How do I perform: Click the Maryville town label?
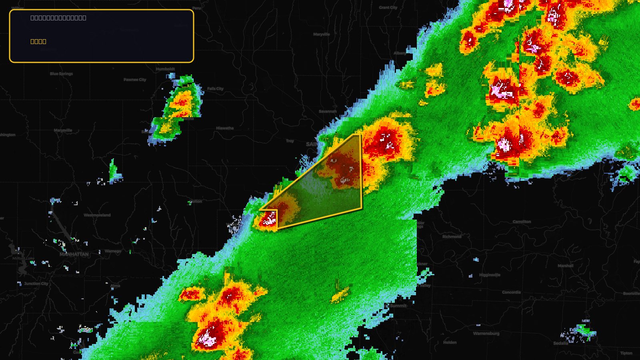tap(322, 34)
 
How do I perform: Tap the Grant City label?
tap(388, 8)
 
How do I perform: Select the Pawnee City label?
tap(135, 80)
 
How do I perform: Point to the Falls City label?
tap(215, 89)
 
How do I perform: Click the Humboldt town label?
tap(165, 69)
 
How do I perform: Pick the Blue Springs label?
tap(61, 74)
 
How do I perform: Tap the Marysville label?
tap(63, 130)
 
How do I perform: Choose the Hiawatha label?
tap(225, 128)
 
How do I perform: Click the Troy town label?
tap(290, 141)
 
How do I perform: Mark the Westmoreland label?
tap(97, 215)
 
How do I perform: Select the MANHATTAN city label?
tap(74, 254)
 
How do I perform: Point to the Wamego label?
tap(113, 251)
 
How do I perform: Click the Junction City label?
tap(36, 284)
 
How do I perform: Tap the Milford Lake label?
tap(23, 258)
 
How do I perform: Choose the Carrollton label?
tap(522, 222)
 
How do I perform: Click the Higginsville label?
tap(490, 275)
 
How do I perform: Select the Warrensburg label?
tap(486, 334)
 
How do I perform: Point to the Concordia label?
tap(511, 292)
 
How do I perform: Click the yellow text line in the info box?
tap(38, 41)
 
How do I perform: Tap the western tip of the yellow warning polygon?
tap(260, 210)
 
